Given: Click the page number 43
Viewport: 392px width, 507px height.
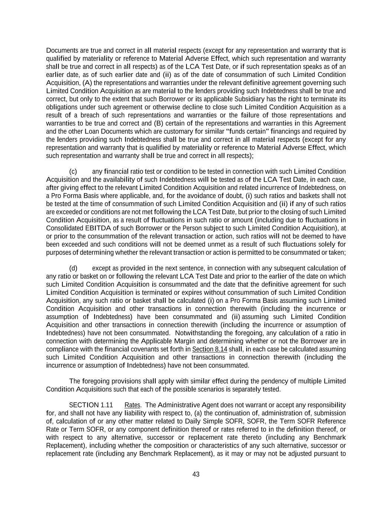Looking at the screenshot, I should tap(196, 474).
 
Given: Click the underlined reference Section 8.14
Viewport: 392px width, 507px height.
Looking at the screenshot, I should tap(210, 349).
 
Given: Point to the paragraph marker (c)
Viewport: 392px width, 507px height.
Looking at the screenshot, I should tap(73, 172).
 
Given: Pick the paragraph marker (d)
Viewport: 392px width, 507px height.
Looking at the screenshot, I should tap(73, 268).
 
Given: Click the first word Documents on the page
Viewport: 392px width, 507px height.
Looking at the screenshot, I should tap(60, 51).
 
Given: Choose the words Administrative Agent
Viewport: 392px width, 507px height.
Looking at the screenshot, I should tap(179, 405).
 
